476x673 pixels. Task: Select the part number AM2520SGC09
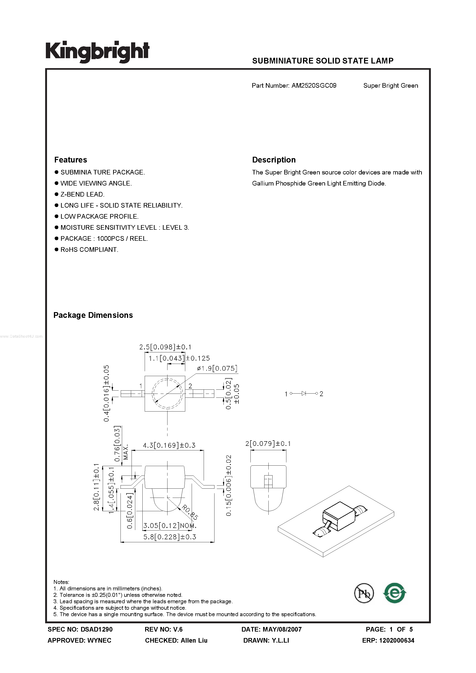(x=314, y=86)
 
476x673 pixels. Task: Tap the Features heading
(x=71, y=160)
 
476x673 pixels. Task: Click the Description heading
(x=274, y=160)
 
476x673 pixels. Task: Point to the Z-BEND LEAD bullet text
(x=82, y=194)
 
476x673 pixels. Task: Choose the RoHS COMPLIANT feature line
(x=89, y=249)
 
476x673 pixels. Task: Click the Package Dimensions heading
(x=93, y=315)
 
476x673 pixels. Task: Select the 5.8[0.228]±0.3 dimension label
(x=170, y=537)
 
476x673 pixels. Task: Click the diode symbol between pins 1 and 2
(x=304, y=393)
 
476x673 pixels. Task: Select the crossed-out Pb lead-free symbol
(x=364, y=593)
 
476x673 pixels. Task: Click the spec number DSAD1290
(x=96, y=629)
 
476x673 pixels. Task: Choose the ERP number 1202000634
(x=397, y=641)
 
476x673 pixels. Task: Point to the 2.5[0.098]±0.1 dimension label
(x=165, y=347)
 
